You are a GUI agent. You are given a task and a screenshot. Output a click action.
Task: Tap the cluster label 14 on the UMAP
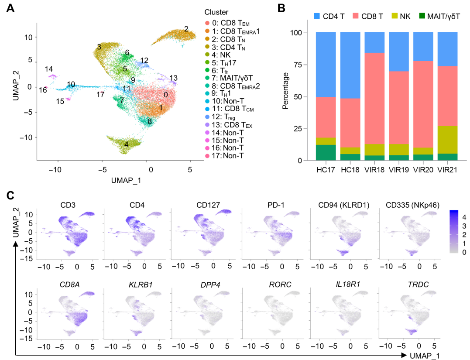tap(49, 69)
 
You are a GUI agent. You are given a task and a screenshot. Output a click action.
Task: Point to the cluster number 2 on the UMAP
tap(186, 29)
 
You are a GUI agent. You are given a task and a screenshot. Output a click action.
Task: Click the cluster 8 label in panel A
tap(149, 122)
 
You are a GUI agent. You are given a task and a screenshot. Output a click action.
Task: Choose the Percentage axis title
tap(285, 90)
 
